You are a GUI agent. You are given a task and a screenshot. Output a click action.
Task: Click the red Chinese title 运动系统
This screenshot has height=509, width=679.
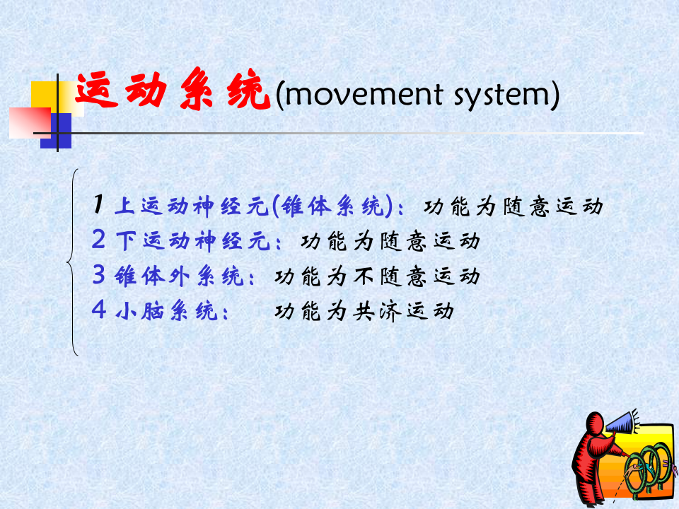[x=173, y=92]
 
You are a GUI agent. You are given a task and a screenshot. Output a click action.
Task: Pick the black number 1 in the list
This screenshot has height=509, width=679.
[x=98, y=205]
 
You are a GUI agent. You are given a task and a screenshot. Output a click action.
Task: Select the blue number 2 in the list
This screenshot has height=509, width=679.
[x=98, y=240]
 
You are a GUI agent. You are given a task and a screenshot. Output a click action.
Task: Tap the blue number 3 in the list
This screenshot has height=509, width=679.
[x=98, y=275]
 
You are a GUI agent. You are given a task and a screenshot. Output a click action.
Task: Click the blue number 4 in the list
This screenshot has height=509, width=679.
[x=98, y=310]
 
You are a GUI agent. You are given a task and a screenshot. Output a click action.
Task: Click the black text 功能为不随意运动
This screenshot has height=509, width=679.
[x=377, y=275]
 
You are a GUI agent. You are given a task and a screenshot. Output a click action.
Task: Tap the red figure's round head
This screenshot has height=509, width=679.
[x=593, y=423]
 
